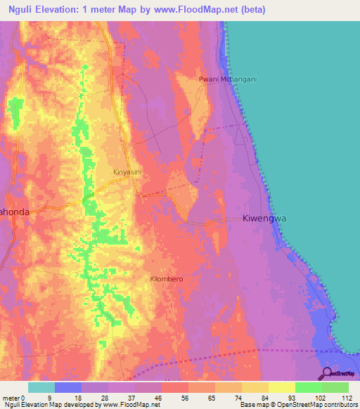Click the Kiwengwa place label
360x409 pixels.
pos(265,219)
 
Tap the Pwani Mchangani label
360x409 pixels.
pos(227,79)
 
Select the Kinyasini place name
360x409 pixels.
pos(129,171)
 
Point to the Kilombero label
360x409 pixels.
pos(167,279)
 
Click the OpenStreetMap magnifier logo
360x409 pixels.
pos(327,373)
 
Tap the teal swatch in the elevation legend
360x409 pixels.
pos(41,387)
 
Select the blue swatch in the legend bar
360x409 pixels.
pos(68,387)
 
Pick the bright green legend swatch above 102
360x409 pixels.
pos(309,387)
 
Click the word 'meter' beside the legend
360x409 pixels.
pos(13,397)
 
